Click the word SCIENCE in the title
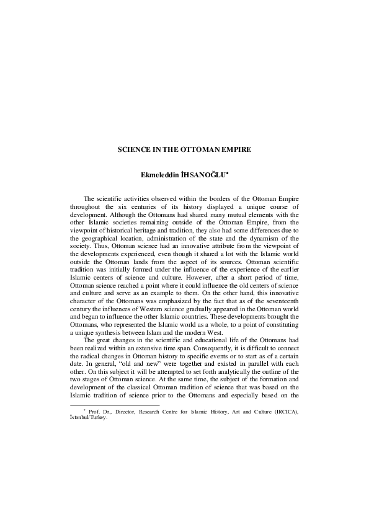[132, 150]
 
